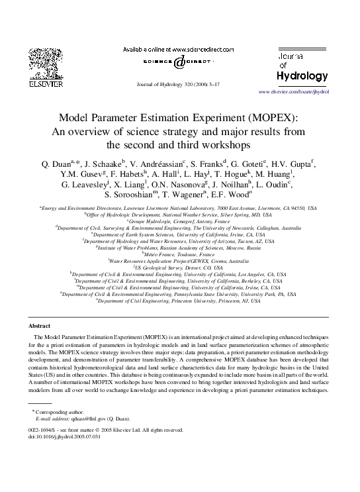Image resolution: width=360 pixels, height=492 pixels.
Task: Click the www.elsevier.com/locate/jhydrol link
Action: (x=293, y=91)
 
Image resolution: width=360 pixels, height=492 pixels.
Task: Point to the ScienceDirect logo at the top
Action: (x=179, y=62)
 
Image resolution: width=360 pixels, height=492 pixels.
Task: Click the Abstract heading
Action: (x=40, y=326)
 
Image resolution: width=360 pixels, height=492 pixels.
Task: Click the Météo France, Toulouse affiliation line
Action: (x=179, y=254)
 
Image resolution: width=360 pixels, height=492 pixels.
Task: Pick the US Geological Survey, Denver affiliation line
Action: (x=179, y=267)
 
